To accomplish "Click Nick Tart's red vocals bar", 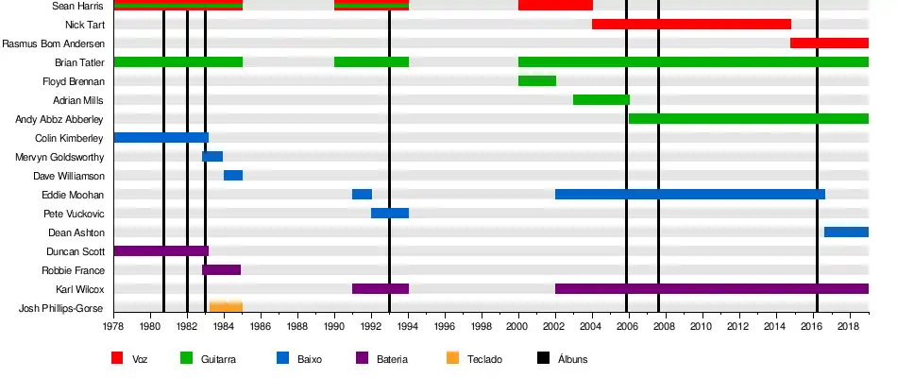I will (691, 24).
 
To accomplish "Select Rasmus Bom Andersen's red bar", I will (829, 43).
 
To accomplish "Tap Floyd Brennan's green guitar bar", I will (537, 80).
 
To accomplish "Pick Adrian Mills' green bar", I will (601, 99).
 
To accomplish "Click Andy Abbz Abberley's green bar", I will (748, 118).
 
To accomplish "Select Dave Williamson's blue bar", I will (233, 175).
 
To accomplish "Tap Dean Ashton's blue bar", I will (846, 232).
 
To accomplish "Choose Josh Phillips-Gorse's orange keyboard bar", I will (226, 306).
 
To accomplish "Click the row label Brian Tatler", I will (79, 62).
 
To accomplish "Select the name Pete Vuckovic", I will (75, 214).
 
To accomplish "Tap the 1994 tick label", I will (408, 327).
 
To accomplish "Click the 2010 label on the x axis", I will (702, 327).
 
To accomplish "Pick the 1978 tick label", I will (114, 327).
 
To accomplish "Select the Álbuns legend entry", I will (572, 359).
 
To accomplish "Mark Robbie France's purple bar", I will (221, 269).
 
